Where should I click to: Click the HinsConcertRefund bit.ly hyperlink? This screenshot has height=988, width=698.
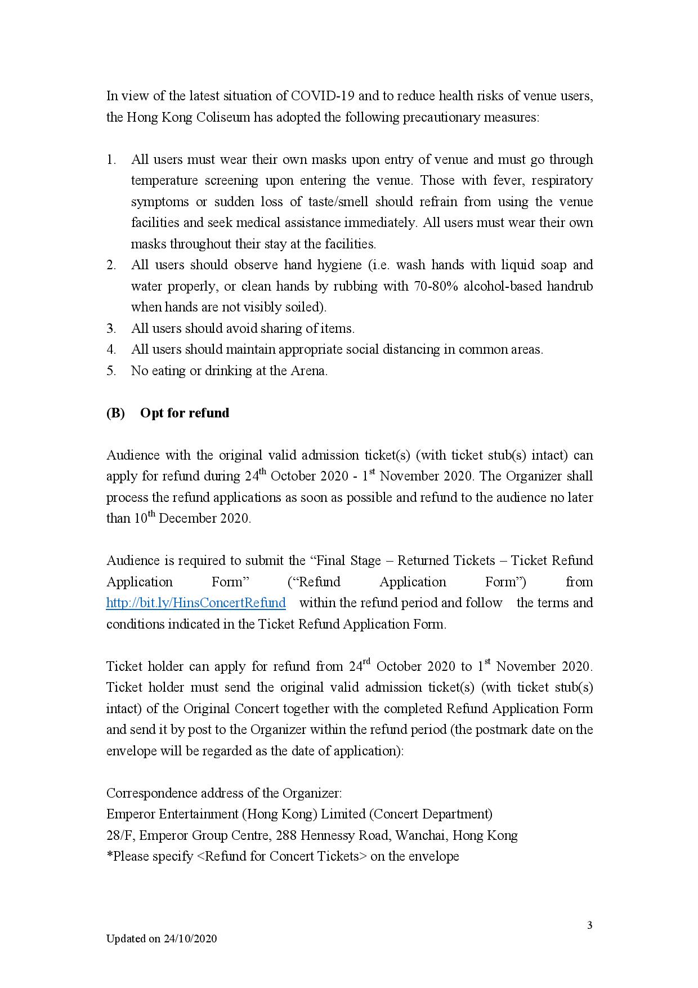pos(196,603)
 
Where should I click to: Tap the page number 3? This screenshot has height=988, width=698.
pos(589,925)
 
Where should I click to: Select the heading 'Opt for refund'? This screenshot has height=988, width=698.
pos(185,413)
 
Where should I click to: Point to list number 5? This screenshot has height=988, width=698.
pos(111,371)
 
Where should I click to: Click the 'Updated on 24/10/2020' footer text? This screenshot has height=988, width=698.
pos(162,938)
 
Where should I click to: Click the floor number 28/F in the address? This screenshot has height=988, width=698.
pos(119,835)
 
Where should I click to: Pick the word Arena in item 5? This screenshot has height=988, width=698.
pos(307,371)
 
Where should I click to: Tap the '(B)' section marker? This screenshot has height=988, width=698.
pos(115,413)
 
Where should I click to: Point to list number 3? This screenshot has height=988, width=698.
pos(111,328)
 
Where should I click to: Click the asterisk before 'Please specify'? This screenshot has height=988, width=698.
pos(110,856)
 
